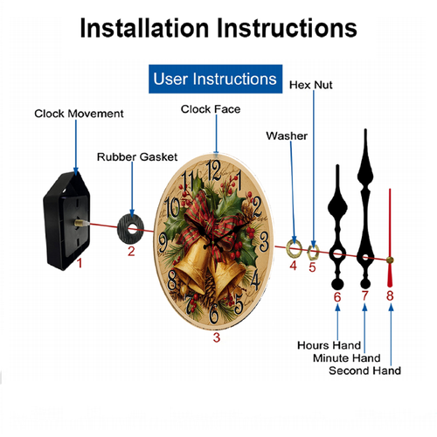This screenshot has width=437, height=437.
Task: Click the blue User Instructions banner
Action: click(215, 79)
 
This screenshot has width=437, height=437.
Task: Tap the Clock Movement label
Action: click(79, 114)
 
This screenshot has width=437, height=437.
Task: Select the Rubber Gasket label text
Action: click(137, 157)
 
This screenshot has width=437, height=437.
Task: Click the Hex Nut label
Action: click(311, 85)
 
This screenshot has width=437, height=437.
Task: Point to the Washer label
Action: click(287, 135)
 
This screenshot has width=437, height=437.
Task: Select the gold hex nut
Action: click(313, 253)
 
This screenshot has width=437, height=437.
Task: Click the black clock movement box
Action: click(66, 221)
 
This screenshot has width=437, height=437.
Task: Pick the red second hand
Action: click(390, 238)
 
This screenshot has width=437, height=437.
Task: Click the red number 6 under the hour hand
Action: click(337, 297)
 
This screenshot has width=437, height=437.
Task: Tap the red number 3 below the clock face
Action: click(217, 337)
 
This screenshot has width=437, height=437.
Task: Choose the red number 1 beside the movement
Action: click(80, 263)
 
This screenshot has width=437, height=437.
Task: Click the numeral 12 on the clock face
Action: click(213, 170)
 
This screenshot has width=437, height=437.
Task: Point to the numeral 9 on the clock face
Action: click(163, 243)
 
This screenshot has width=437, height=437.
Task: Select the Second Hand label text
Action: click(365, 371)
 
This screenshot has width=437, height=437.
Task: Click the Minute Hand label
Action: click(347, 358)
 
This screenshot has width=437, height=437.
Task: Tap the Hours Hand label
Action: click(329, 345)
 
